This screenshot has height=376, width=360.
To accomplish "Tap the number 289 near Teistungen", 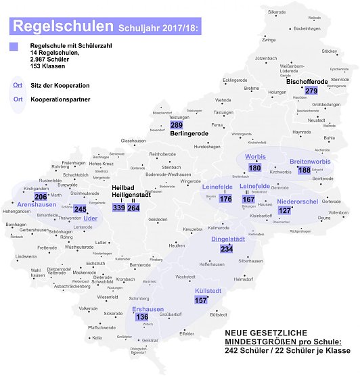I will tap(177, 126).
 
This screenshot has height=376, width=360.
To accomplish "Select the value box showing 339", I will tap(118, 208).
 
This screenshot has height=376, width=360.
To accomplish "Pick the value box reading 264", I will tap(134, 208).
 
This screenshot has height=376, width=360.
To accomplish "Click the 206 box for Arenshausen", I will tap(41, 197).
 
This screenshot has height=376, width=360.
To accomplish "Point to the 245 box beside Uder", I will tap(81, 210).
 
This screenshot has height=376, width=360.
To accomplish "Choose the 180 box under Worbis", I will tap(254, 168).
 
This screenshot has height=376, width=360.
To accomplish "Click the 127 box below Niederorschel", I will tap(284, 210).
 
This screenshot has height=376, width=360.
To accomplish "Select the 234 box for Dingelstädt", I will tap(227, 249).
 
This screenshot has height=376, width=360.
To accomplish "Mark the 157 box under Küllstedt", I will tap(200, 300).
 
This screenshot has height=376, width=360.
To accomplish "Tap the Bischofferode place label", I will tap(307, 82).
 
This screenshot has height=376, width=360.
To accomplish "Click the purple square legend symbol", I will tap(14, 46).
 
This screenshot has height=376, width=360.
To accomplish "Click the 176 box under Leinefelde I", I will tap(225, 199).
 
